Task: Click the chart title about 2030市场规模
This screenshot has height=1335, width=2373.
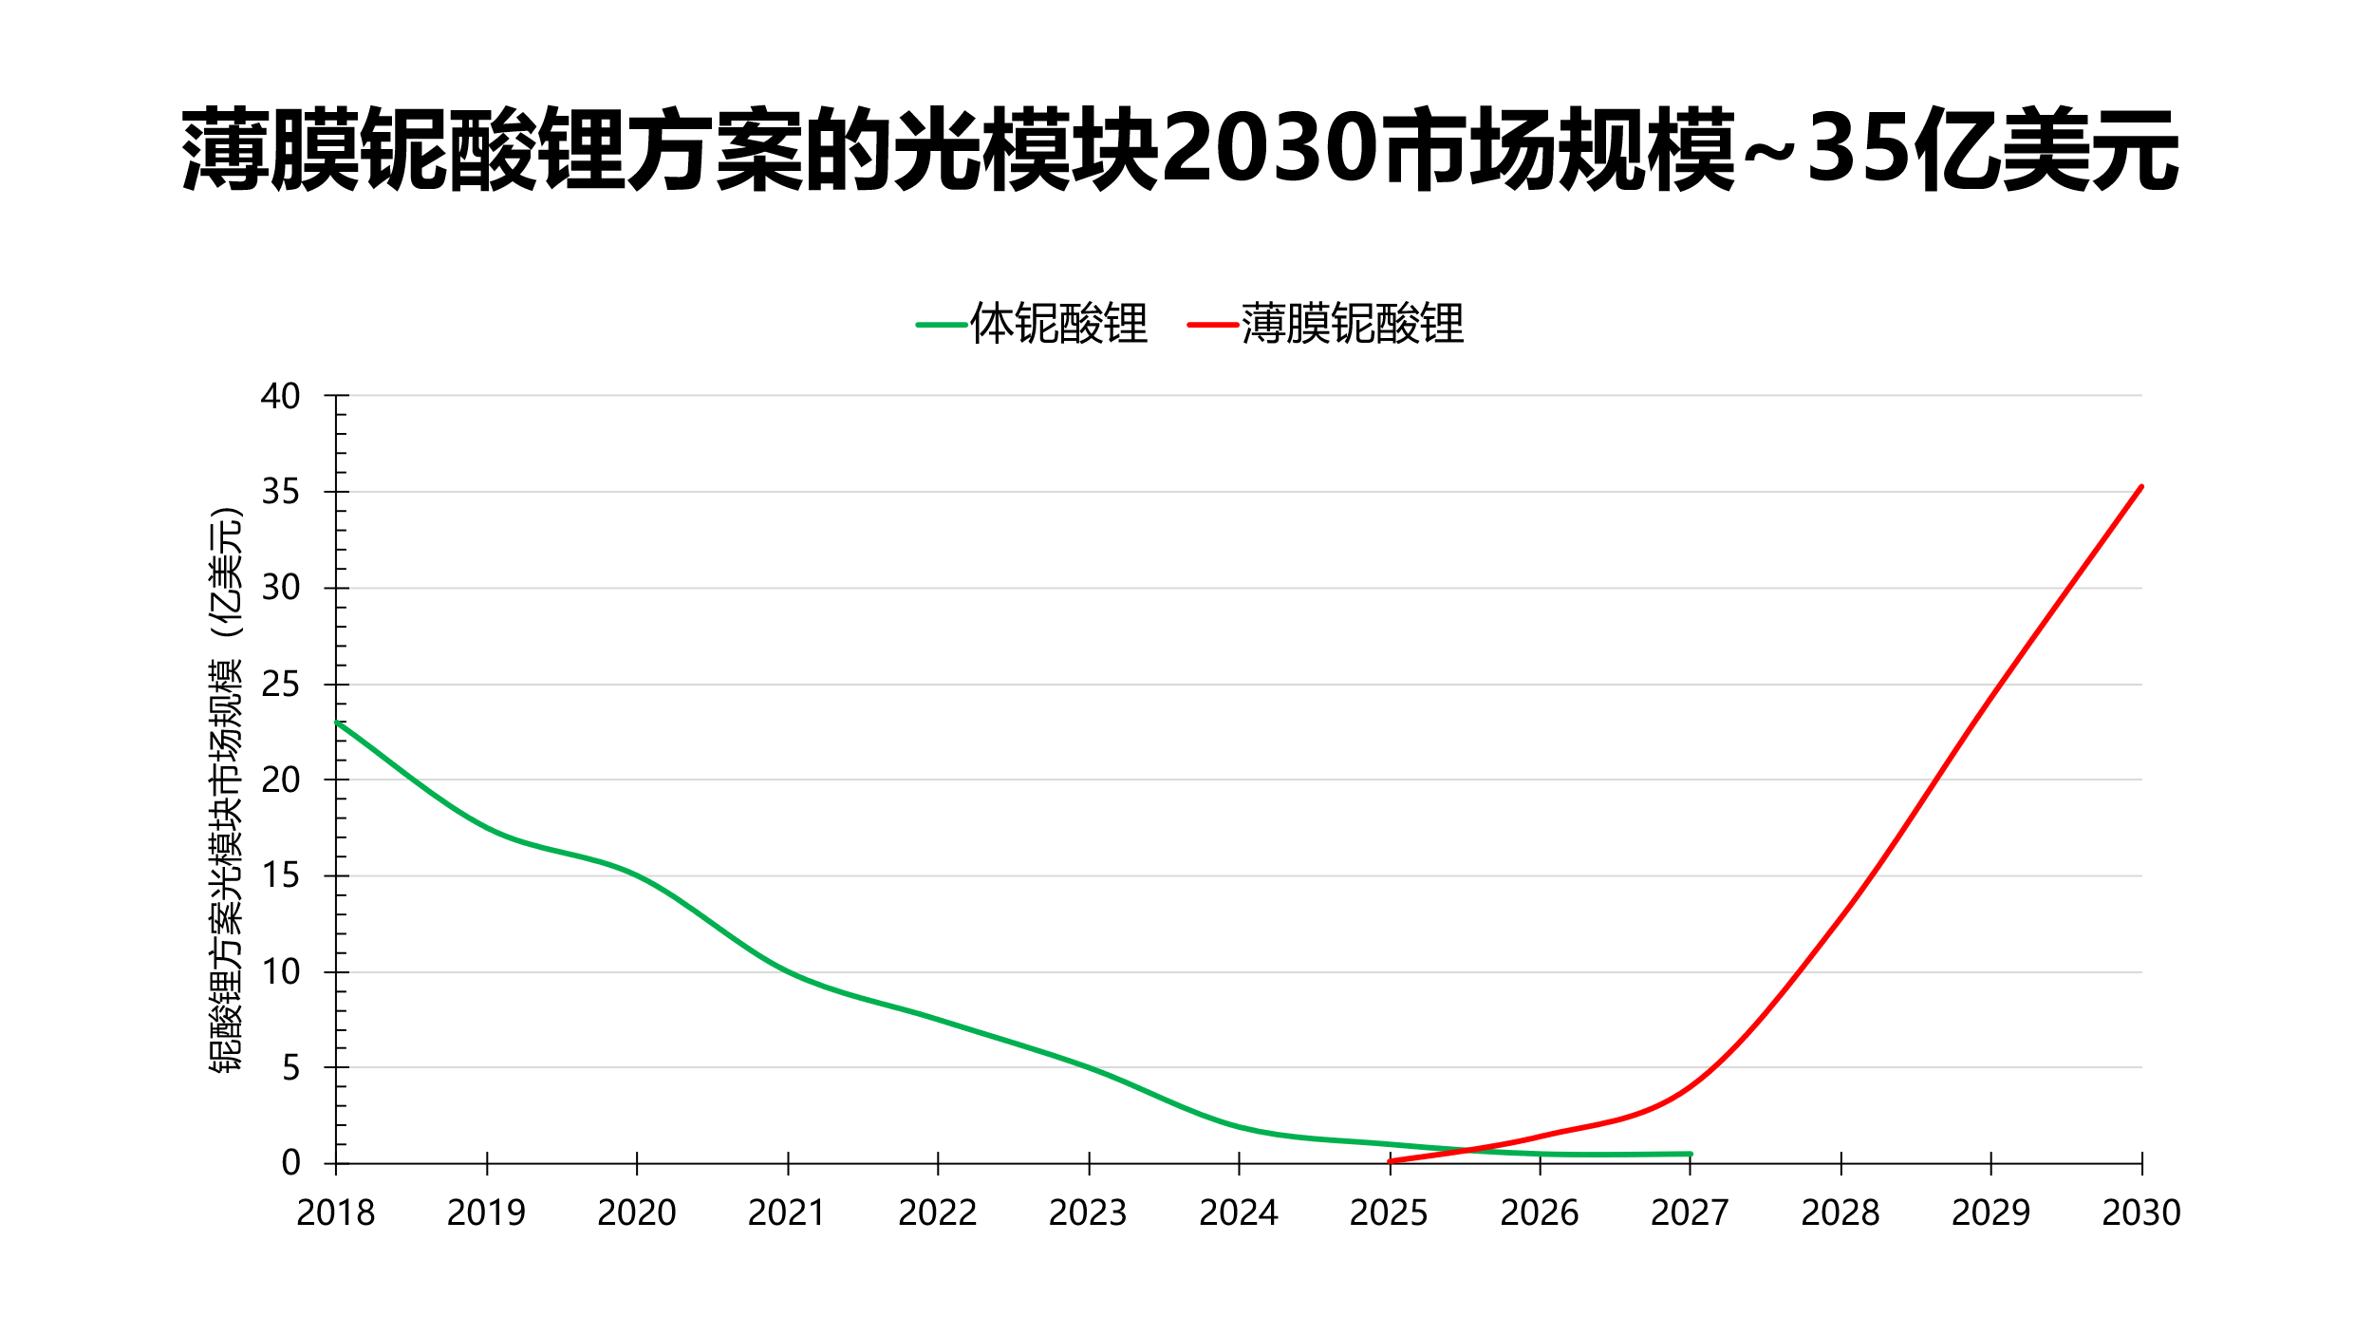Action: (x=1179, y=150)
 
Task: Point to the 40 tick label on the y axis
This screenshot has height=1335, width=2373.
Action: (x=280, y=396)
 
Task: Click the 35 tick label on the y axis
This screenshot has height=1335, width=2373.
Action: (x=280, y=492)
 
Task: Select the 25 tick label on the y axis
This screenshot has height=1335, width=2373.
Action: (x=280, y=685)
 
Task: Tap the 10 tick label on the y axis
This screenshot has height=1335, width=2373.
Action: (x=280, y=972)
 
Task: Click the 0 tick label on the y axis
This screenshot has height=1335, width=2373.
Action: (x=290, y=1163)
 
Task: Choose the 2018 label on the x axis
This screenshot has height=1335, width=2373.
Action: (x=335, y=1213)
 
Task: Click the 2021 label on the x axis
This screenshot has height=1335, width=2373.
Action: (x=787, y=1213)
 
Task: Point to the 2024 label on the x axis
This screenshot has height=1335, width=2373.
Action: (x=1238, y=1213)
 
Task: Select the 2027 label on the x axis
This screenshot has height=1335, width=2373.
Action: (x=1690, y=1213)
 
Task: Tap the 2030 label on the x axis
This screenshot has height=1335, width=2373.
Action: (x=2141, y=1213)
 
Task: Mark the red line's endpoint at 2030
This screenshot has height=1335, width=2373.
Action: (x=2141, y=487)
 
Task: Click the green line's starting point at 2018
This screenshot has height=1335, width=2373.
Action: (x=337, y=723)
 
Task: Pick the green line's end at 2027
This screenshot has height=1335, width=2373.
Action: (x=1690, y=1154)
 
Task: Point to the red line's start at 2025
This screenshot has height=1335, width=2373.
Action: (x=1390, y=1161)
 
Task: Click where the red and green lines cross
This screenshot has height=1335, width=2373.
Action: (x=1467, y=1150)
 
